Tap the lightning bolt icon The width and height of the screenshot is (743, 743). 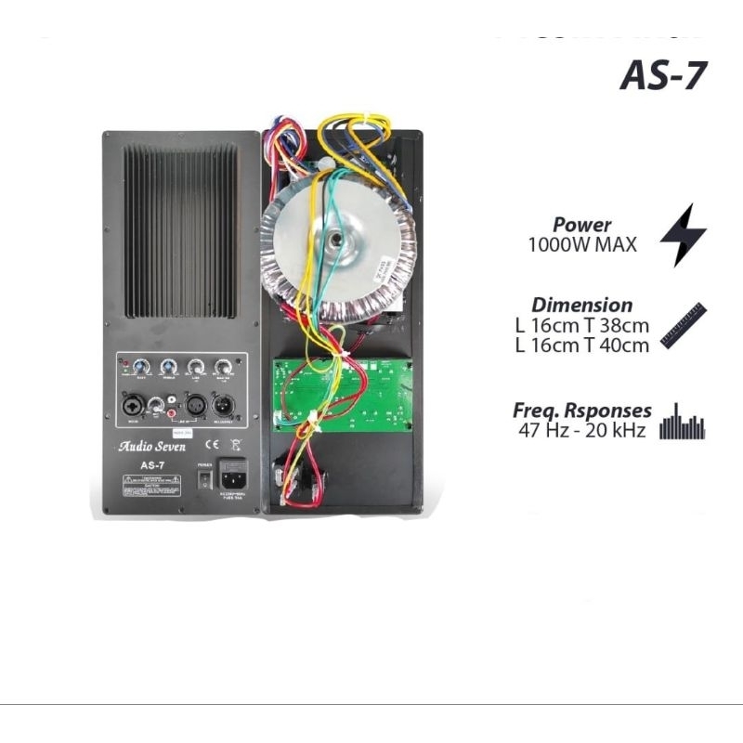coord(684,235)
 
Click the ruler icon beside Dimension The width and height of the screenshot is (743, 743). coord(684,325)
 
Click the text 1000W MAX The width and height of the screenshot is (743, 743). coord(582,246)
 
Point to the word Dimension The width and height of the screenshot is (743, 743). coord(582,305)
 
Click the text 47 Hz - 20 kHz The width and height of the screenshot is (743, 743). coord(582,430)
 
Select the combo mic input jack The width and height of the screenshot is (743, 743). coord(133,404)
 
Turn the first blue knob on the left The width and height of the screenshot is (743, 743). coord(141,366)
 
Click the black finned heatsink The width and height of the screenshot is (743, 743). coord(181,231)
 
